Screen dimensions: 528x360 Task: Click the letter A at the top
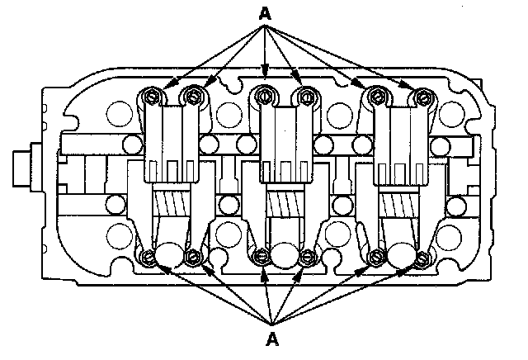(265, 12)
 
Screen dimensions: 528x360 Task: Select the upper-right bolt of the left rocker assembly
(194, 97)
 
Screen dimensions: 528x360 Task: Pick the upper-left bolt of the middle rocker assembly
(264, 97)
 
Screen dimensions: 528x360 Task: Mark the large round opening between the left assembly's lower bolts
(172, 254)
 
